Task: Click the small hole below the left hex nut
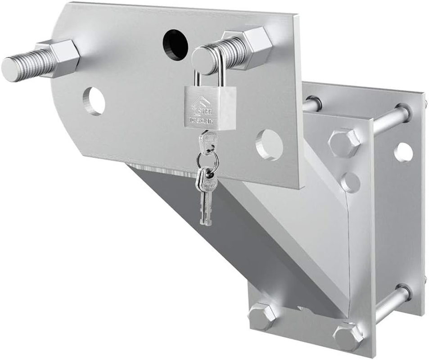[x=94, y=100]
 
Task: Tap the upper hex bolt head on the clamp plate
[x=344, y=142]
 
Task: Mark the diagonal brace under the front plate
[x=252, y=238]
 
